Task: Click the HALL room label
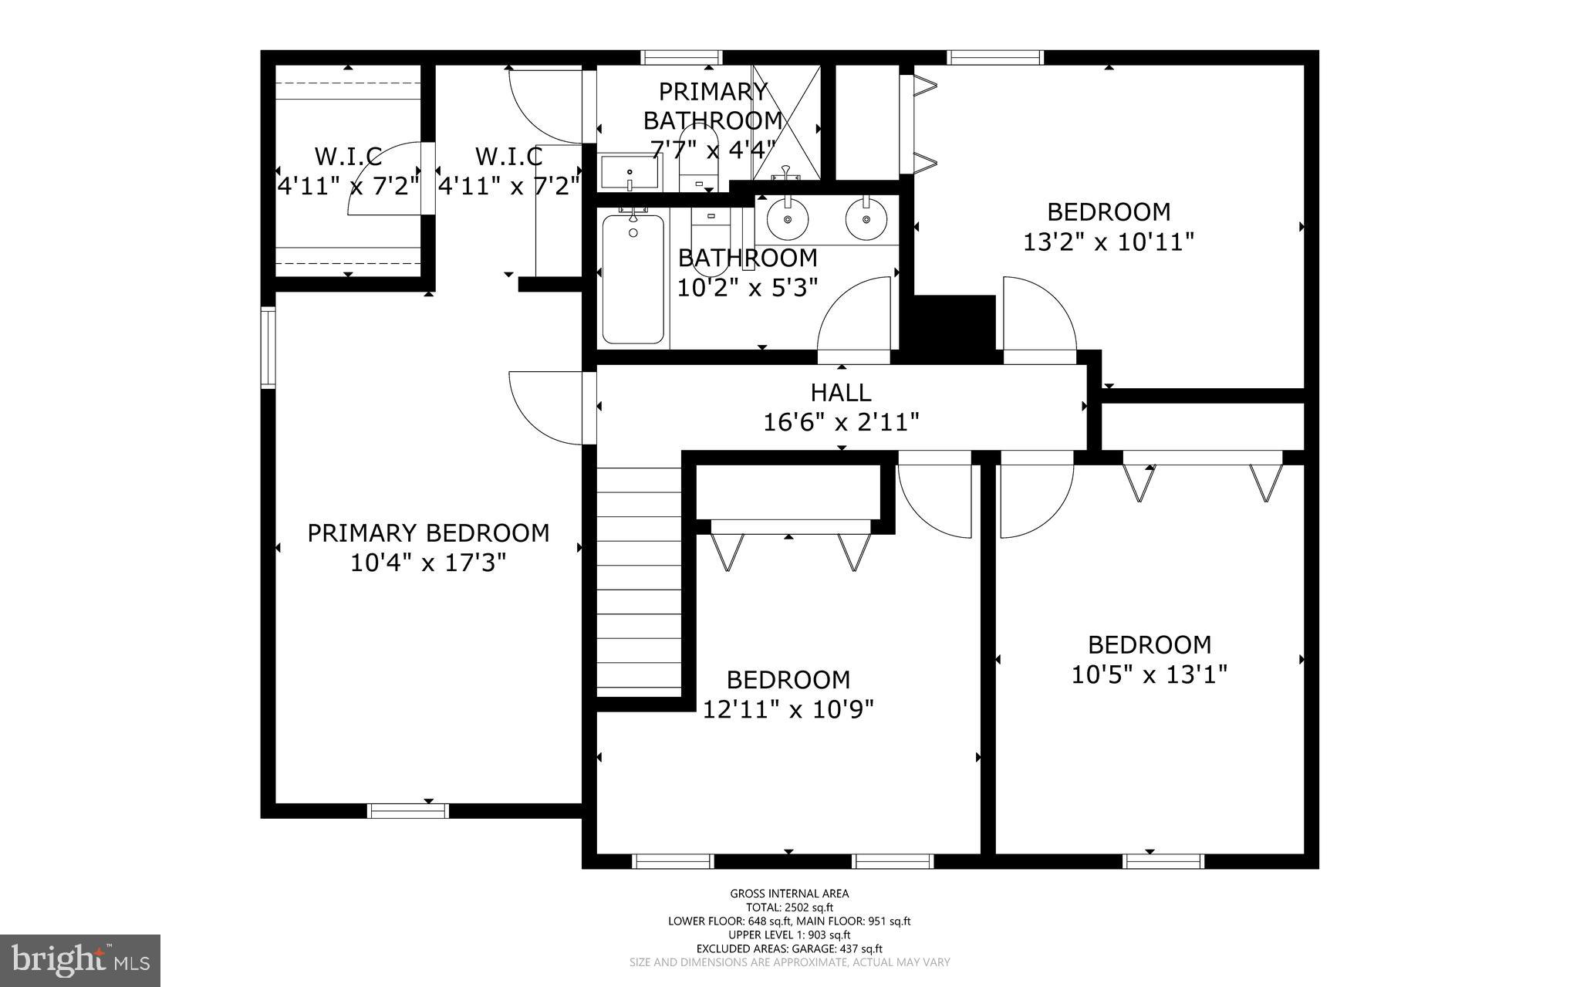point(840,393)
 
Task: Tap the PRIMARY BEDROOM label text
point(428,533)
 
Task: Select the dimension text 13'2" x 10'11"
point(1108,242)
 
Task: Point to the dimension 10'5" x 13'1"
point(1149,675)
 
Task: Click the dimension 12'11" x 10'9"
point(788,709)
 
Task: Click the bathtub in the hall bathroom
point(633,279)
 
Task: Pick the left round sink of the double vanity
point(787,219)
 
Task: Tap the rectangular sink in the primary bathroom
point(630,172)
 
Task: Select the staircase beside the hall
point(639,579)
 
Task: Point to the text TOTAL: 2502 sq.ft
point(789,908)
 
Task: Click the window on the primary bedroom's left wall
point(268,346)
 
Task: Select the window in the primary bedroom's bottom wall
point(407,810)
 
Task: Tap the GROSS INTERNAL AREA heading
point(789,894)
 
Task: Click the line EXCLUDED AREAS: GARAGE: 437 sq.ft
point(789,948)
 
